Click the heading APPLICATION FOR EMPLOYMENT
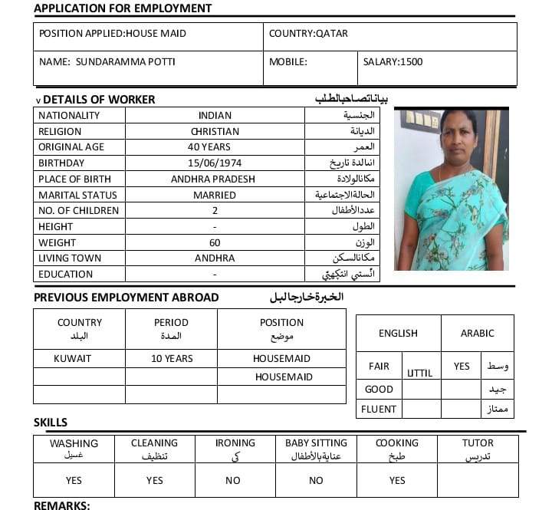coord(123,8)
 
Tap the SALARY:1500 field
coord(393,61)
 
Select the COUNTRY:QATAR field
coord(308,34)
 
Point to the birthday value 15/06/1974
coord(215,163)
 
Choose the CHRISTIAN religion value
coord(215,131)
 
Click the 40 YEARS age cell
coord(215,147)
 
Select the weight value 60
coord(215,242)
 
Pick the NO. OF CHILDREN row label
coord(79,211)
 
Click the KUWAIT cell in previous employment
coord(73,358)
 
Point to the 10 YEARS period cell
coord(172,358)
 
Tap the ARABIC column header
coord(477,334)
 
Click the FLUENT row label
coord(379,409)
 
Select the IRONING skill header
coord(235,443)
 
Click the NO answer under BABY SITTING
coord(316,481)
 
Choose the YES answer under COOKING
coord(397,481)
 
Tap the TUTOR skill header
coord(478,443)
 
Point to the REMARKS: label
coord(62,505)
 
